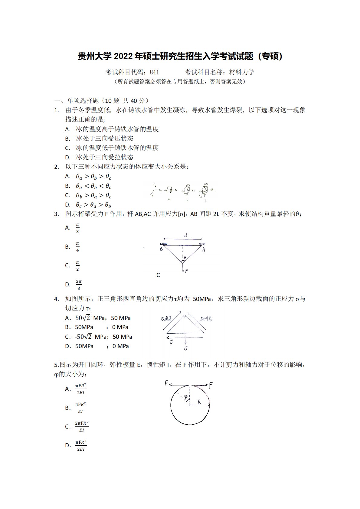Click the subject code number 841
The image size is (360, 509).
pos(154,72)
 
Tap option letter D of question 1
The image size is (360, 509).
pos(68,157)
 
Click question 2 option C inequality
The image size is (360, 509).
pos(93,196)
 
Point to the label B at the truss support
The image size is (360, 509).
pos(161,250)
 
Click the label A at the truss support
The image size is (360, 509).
pos(204,250)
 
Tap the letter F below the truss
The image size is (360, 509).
pos(186,271)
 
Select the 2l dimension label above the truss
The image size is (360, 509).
pos(185,235)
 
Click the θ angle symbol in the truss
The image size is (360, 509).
pos(185,258)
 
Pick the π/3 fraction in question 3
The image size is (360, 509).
pos(77,228)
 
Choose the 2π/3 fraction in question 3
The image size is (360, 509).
pos(79,285)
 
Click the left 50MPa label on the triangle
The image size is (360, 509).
pos(166,318)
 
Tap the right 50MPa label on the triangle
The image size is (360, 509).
pos(206,319)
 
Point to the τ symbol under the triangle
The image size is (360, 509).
pos(171,342)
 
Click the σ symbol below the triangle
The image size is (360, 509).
pos(185,348)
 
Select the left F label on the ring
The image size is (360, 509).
pos(166,384)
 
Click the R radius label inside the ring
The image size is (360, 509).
pos(199,401)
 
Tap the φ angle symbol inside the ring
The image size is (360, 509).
pos(186,397)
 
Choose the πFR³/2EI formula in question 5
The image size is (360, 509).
pos(81,445)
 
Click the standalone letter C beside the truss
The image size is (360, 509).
pos(158,275)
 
